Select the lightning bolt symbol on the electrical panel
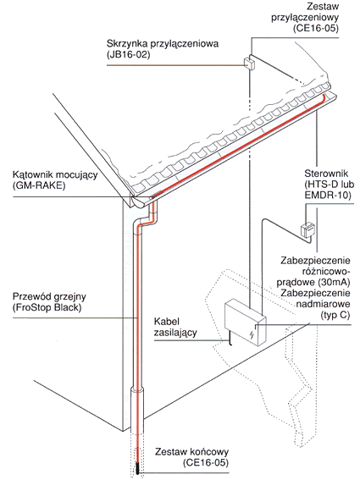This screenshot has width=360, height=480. (x=252, y=334)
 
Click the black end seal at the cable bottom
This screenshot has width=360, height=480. (x=137, y=469)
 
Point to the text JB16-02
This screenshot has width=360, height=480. (x=129, y=55)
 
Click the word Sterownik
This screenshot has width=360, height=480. (x=326, y=174)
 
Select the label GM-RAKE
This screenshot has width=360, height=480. (x=39, y=185)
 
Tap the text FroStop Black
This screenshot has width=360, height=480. (x=47, y=307)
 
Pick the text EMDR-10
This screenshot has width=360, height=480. (x=328, y=196)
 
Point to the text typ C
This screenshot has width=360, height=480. (x=335, y=315)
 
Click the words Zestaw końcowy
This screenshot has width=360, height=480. (x=191, y=451)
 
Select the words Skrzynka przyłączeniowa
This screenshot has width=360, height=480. (x=163, y=44)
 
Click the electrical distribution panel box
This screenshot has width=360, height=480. (x=245, y=323)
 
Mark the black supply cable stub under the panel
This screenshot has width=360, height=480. (x=230, y=340)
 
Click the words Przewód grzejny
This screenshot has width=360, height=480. (x=49, y=296)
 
